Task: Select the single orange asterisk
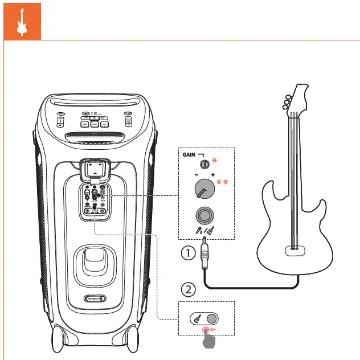coord(215,159)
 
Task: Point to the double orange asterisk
coord(222,182)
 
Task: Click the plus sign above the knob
coord(213,174)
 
